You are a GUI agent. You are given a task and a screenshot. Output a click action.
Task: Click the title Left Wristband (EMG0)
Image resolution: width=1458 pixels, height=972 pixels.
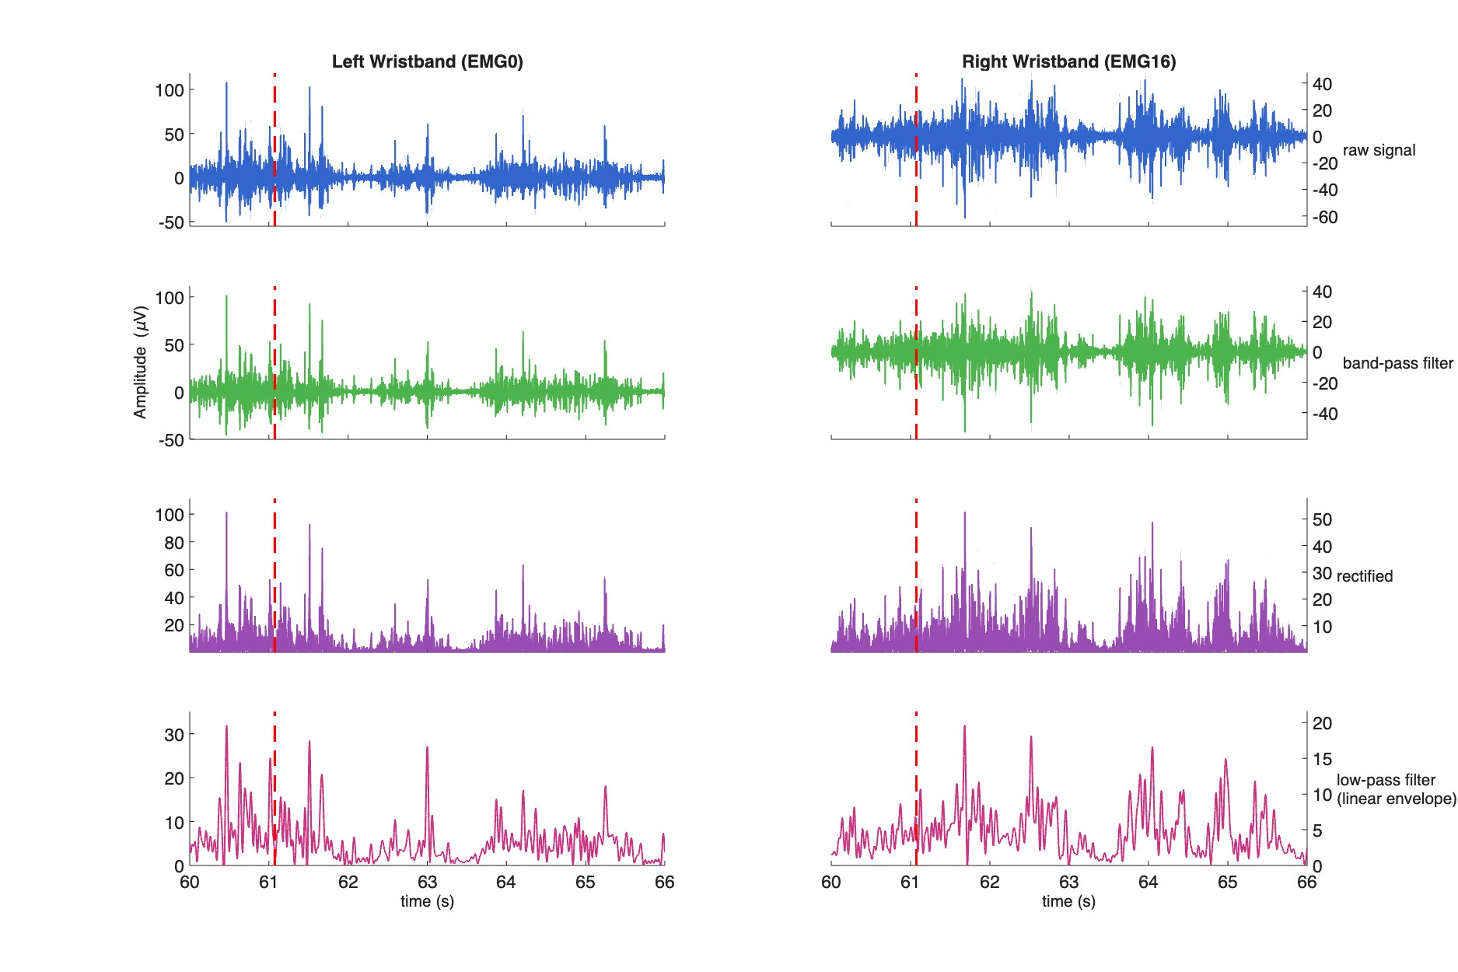click(x=427, y=62)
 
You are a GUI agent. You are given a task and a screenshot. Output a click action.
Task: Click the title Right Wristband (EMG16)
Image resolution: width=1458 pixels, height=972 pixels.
click(x=1068, y=62)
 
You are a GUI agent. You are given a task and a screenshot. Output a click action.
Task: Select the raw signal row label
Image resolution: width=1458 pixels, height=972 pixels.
click(x=1379, y=151)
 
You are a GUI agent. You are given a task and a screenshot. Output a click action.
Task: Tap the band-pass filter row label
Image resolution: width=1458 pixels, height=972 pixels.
click(x=1397, y=363)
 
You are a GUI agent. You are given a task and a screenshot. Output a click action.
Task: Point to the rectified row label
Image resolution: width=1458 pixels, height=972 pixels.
click(x=1364, y=576)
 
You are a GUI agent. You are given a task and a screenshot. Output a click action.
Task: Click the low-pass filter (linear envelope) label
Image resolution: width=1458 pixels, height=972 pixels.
click(x=1396, y=789)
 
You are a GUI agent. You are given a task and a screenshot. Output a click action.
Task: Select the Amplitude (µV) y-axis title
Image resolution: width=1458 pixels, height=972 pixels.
click(x=141, y=362)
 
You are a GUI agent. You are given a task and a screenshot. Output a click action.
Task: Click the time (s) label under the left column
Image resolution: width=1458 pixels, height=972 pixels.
click(x=427, y=901)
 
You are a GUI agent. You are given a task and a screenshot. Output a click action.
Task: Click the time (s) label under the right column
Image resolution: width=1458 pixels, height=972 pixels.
click(x=1068, y=901)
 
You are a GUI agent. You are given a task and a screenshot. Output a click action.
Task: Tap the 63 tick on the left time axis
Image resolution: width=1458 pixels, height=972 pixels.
click(x=427, y=883)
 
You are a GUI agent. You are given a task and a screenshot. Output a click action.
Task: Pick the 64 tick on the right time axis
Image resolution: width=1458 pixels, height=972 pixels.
click(x=1148, y=883)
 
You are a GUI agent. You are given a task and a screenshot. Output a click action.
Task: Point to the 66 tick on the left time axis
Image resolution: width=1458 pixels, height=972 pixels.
click(x=664, y=883)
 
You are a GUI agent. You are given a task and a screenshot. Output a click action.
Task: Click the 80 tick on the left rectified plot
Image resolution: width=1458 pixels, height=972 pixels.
click(x=174, y=543)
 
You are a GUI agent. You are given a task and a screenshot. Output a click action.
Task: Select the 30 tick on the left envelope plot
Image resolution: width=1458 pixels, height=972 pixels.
click(x=174, y=735)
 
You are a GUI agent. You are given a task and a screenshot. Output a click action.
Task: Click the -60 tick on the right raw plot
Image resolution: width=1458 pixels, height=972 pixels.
click(x=1325, y=218)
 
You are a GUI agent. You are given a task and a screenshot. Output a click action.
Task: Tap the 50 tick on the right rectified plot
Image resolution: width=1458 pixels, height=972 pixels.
click(x=1322, y=520)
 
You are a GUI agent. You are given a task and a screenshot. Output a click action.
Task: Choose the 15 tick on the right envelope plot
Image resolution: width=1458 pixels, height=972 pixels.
click(x=1322, y=760)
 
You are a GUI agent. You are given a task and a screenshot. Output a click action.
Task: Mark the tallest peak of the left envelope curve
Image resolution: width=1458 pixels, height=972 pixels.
click(x=226, y=726)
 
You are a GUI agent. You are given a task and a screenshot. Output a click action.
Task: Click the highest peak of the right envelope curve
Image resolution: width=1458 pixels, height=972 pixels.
click(x=965, y=726)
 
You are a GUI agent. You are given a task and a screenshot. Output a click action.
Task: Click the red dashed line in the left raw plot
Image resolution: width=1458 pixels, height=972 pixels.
click(x=274, y=148)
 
